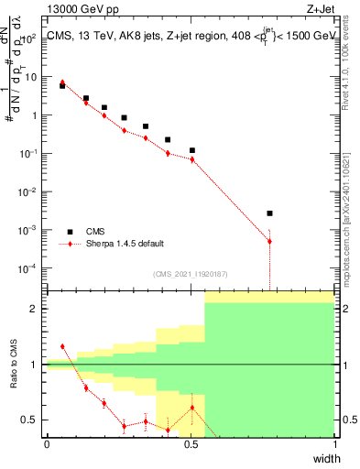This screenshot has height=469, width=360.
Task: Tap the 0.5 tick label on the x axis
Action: click(x=190, y=444)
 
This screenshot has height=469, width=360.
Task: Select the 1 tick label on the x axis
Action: click(x=334, y=444)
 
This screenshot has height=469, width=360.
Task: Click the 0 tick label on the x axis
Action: click(x=47, y=444)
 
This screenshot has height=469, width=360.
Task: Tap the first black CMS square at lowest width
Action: click(x=62, y=85)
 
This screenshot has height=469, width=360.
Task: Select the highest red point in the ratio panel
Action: click(x=62, y=346)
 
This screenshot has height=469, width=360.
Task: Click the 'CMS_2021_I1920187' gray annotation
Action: click(x=191, y=273)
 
